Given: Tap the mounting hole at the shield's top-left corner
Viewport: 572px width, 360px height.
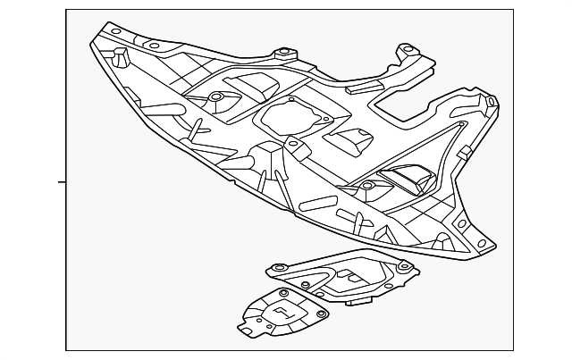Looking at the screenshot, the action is [x=116, y=32].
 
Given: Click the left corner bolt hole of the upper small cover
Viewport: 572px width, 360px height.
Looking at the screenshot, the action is [x=277, y=267].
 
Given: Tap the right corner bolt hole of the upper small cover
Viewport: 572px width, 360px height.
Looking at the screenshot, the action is [x=404, y=265].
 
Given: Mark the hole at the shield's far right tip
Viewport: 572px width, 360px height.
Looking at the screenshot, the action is [x=490, y=101].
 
